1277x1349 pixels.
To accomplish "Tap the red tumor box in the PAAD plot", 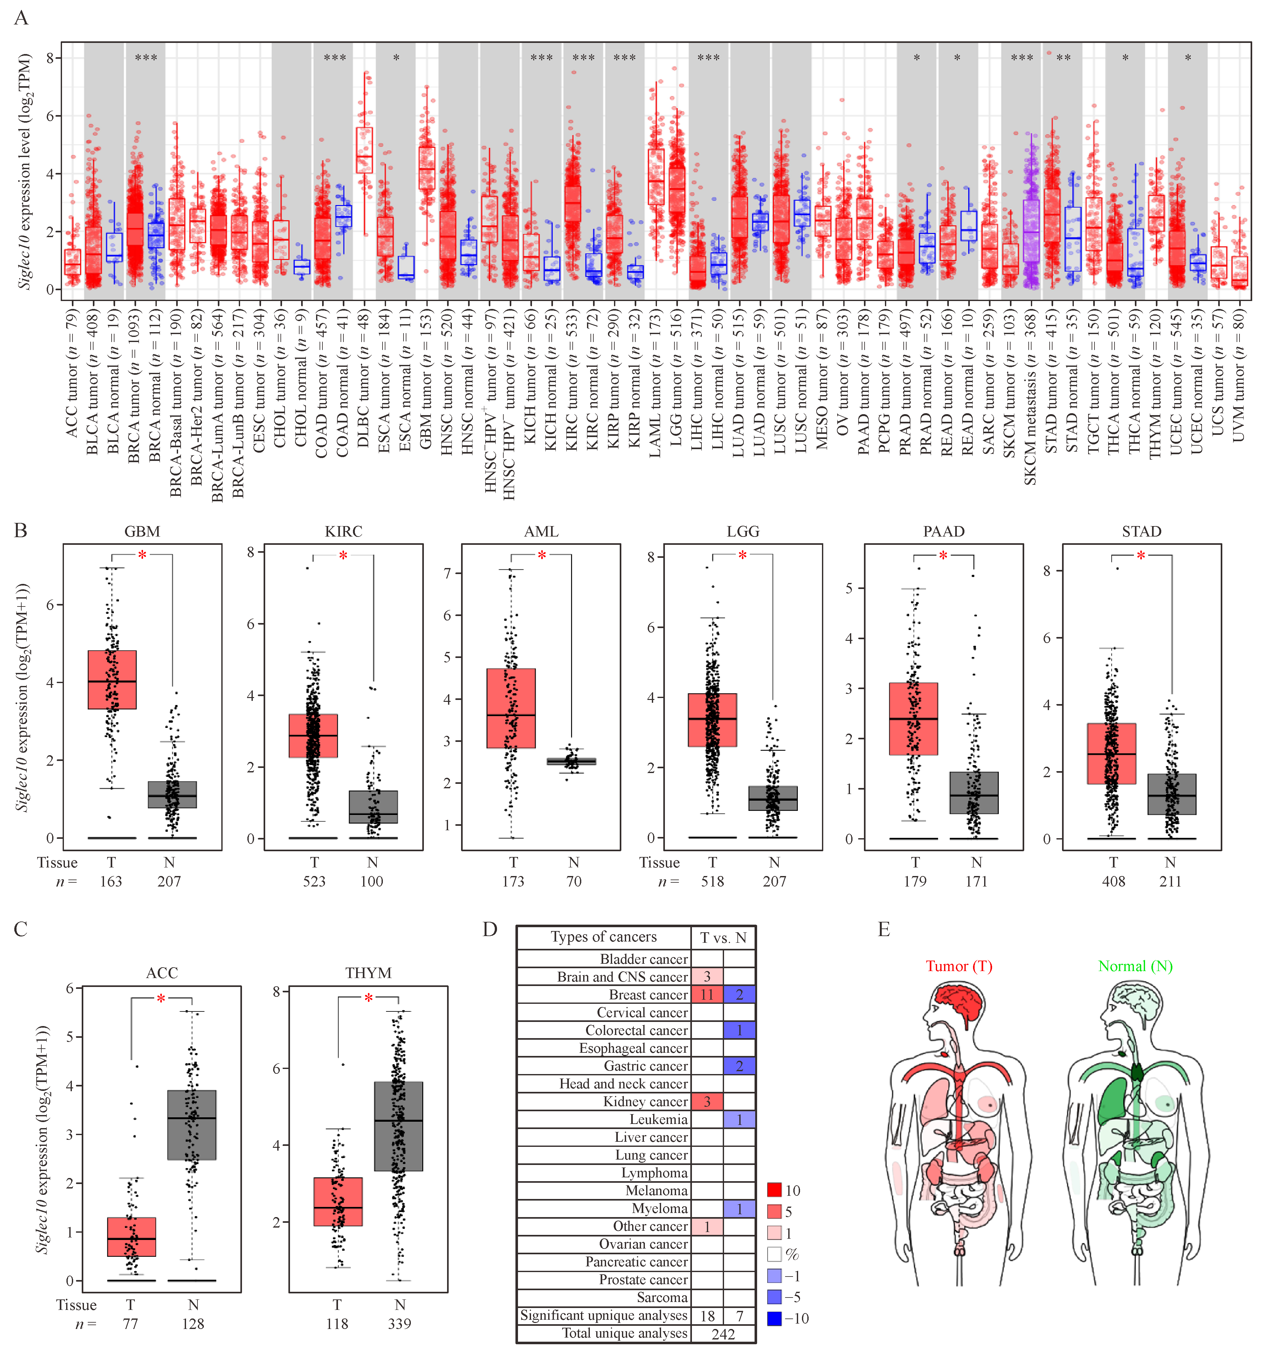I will tap(914, 718).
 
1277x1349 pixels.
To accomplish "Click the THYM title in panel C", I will tap(368, 973).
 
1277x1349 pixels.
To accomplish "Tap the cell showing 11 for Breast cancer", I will tap(707, 995).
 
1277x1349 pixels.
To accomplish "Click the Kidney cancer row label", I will tap(645, 1101).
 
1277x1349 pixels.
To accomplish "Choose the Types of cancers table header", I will tap(604, 937).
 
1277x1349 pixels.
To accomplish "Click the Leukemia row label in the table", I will tap(658, 1119).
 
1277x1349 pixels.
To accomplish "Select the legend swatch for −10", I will tap(774, 1318).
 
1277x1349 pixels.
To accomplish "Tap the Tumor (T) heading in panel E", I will tap(958, 966).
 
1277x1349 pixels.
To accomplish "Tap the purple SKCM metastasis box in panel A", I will tap(1031, 231).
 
